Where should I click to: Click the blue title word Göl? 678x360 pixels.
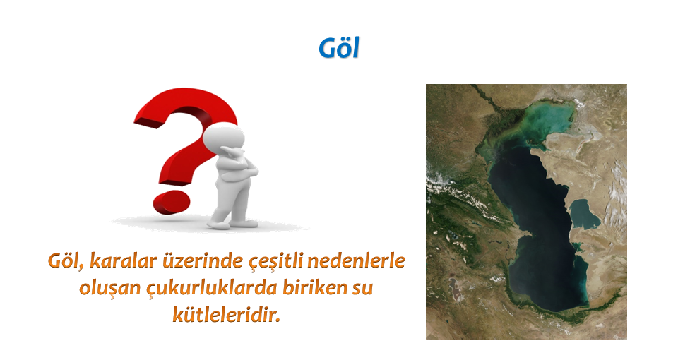pos(339,47)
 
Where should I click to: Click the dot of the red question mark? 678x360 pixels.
pos(172,203)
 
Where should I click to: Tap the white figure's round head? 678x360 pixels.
pos(224,138)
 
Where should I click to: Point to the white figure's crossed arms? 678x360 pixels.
pos(237,165)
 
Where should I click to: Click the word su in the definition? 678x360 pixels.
pos(362,289)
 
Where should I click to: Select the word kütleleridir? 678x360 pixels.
pos(227,315)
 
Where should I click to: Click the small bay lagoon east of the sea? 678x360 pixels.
pos(584,215)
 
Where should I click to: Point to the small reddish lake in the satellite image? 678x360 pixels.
pos(453,288)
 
